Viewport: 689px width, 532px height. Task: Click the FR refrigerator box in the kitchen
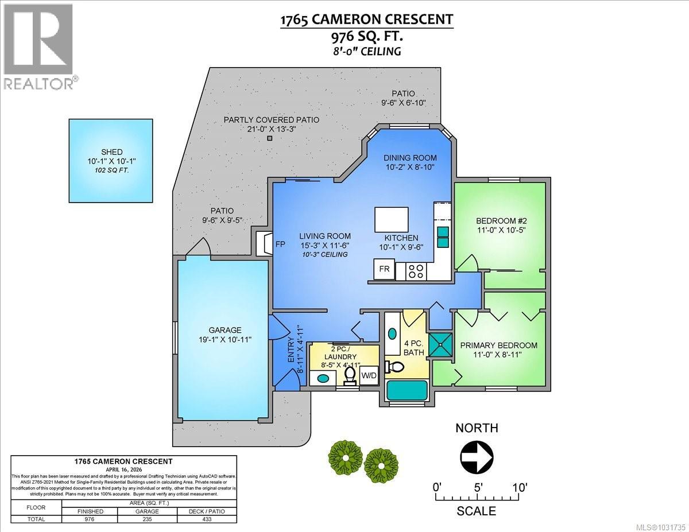[x=384, y=269]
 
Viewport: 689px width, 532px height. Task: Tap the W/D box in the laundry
[x=369, y=376]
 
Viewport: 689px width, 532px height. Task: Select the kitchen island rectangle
[x=392, y=219]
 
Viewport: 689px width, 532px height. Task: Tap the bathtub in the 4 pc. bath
[x=407, y=391]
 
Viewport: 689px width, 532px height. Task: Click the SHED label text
[x=111, y=151]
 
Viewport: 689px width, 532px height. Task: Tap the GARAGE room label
[x=221, y=330]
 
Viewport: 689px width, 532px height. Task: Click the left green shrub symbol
[x=346, y=457]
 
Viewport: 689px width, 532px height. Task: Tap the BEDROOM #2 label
[x=501, y=221]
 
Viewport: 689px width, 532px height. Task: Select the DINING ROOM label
[x=410, y=158]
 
